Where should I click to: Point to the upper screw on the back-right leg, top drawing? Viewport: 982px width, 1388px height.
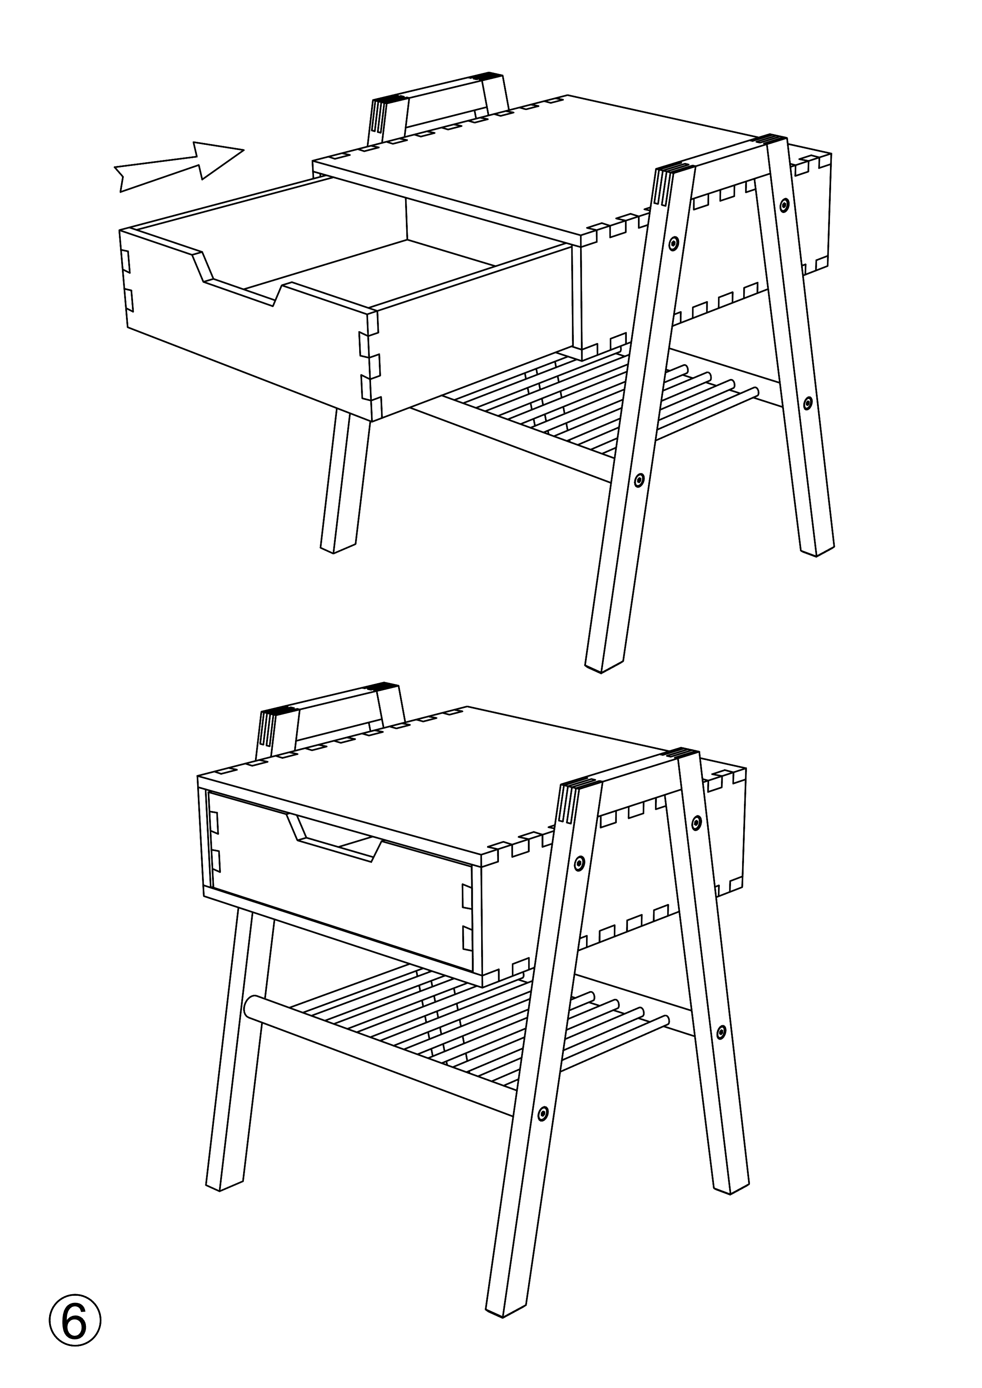784,205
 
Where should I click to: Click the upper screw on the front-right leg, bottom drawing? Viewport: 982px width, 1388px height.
579,863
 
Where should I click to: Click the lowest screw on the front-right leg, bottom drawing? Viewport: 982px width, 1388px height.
543,1112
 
